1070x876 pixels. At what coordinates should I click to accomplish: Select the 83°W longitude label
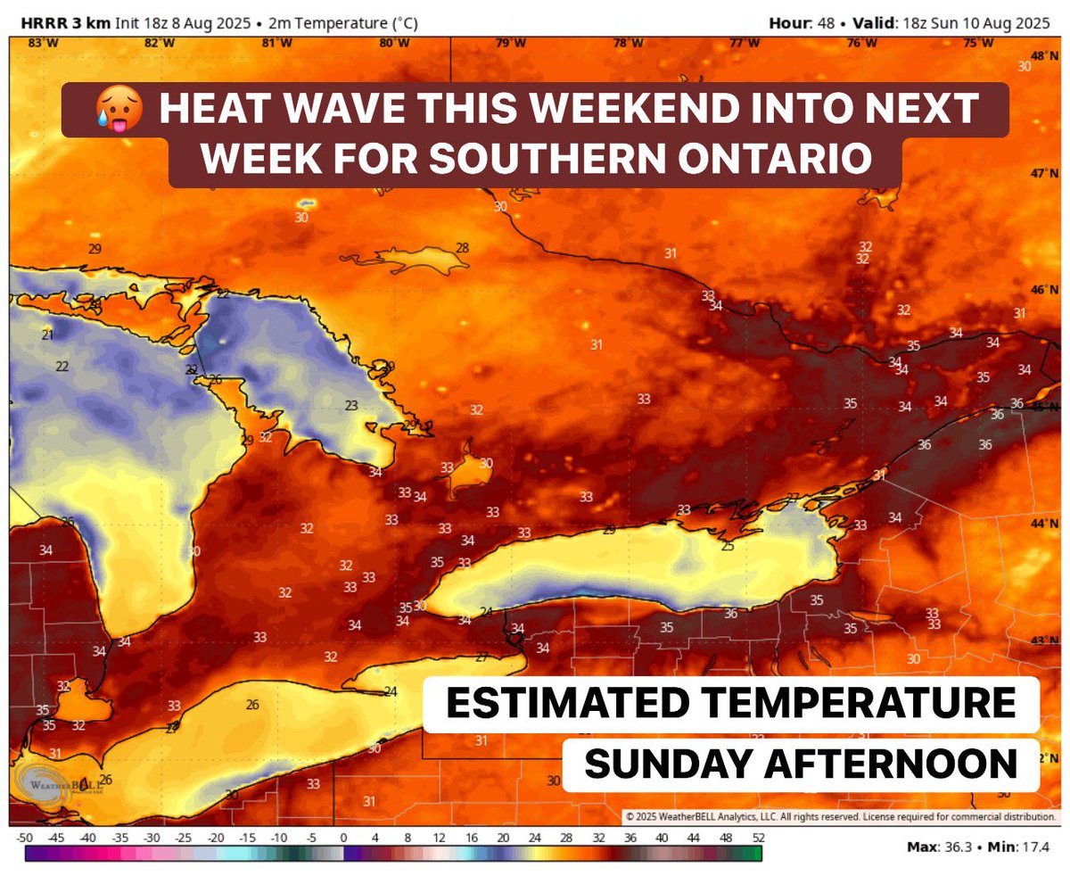(39, 43)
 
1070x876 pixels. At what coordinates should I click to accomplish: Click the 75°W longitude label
(978, 43)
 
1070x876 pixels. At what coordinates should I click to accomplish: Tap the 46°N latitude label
(1045, 290)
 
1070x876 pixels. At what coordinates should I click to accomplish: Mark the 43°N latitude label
(1045, 640)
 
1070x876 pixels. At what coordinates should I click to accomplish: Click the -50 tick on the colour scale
(25, 838)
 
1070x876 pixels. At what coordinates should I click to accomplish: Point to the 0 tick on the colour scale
(343, 838)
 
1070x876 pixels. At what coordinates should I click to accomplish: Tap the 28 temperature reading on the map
(462, 248)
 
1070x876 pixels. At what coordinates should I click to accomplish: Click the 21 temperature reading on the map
(47, 335)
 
